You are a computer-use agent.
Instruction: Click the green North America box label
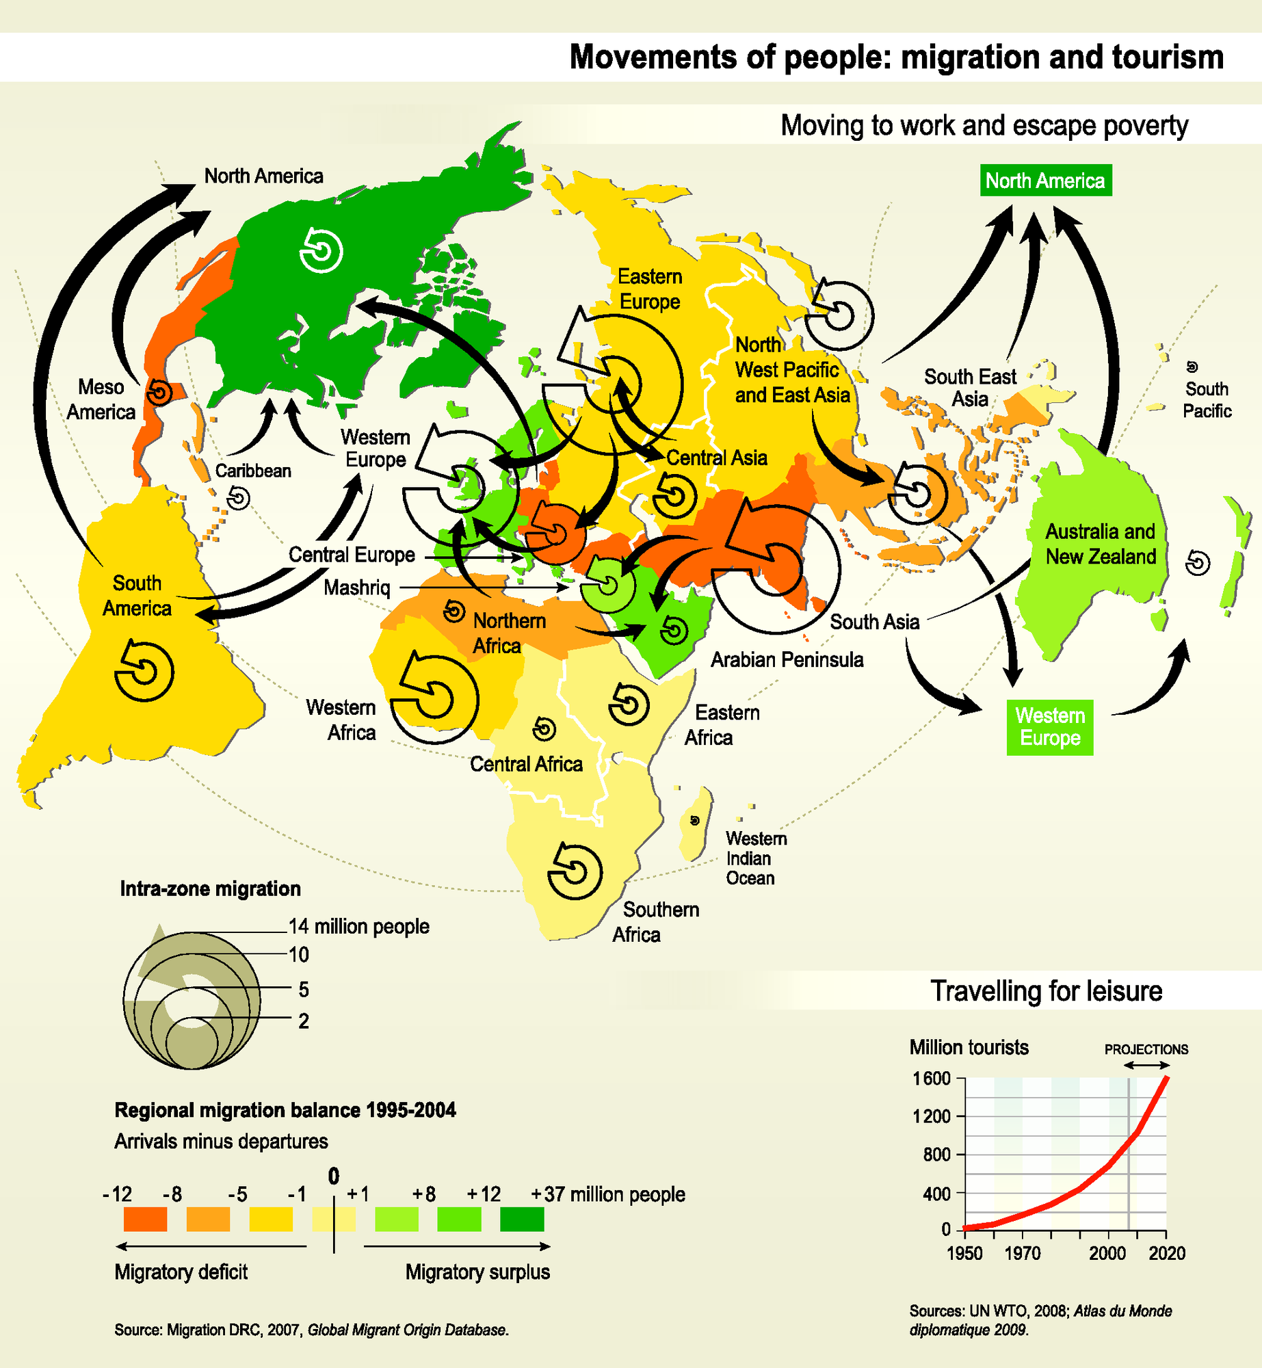click(1045, 181)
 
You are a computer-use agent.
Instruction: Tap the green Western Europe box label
click(1049, 727)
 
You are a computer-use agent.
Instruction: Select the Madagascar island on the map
click(696, 824)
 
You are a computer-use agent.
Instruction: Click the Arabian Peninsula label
click(787, 659)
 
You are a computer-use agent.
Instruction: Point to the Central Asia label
click(717, 458)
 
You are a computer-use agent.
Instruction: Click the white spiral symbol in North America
click(321, 250)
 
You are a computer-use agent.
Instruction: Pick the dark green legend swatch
click(522, 1219)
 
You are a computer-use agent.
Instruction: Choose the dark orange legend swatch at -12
click(145, 1219)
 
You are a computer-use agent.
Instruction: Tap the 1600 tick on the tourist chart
click(932, 1079)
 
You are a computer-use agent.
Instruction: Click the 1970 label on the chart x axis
click(1022, 1253)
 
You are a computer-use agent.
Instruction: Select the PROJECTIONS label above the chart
click(1146, 1049)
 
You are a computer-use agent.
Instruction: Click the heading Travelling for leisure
click(1046, 991)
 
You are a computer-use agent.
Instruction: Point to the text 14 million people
click(359, 926)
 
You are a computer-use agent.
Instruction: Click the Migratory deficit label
click(181, 1272)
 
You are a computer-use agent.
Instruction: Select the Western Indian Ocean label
click(756, 858)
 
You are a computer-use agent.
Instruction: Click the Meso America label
click(101, 399)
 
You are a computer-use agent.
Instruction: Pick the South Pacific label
click(1207, 399)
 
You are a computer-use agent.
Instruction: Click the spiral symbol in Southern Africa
click(575, 871)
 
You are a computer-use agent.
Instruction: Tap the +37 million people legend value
click(608, 1194)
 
